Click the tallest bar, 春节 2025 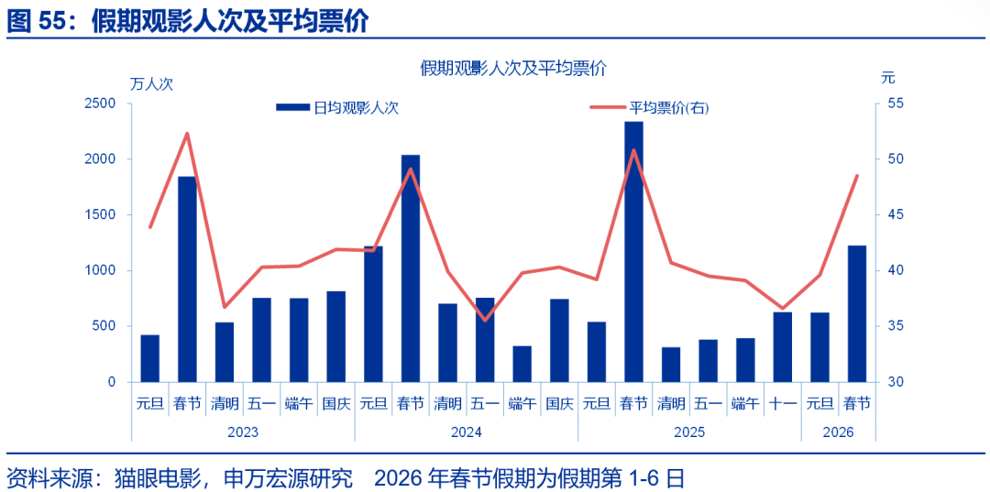click(x=633, y=252)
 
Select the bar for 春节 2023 click(x=187, y=279)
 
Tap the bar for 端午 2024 click(x=522, y=363)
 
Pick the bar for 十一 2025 click(x=782, y=346)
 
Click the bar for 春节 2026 click(x=856, y=313)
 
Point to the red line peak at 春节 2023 click(x=187, y=134)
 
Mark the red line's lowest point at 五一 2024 click(x=485, y=320)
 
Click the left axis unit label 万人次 click(x=151, y=83)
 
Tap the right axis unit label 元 click(x=886, y=78)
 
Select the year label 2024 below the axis click(x=466, y=432)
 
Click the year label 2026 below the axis click(x=838, y=432)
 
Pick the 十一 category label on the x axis click(x=782, y=403)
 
